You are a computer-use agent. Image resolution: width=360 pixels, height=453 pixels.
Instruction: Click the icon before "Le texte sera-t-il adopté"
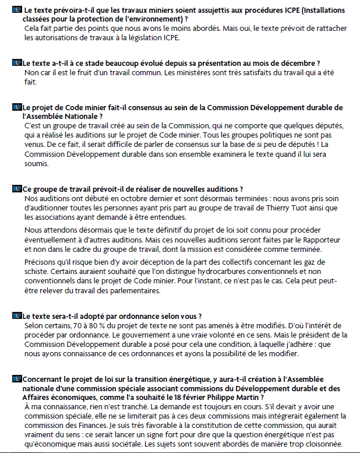(16, 316)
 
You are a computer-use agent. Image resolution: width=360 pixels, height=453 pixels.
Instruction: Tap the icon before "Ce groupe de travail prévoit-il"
(16, 189)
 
